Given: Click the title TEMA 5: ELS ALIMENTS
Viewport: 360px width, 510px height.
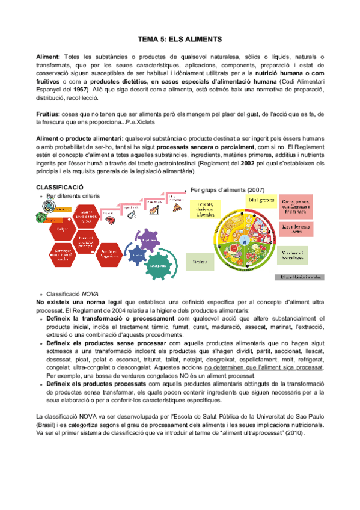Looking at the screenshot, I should (180, 37).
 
